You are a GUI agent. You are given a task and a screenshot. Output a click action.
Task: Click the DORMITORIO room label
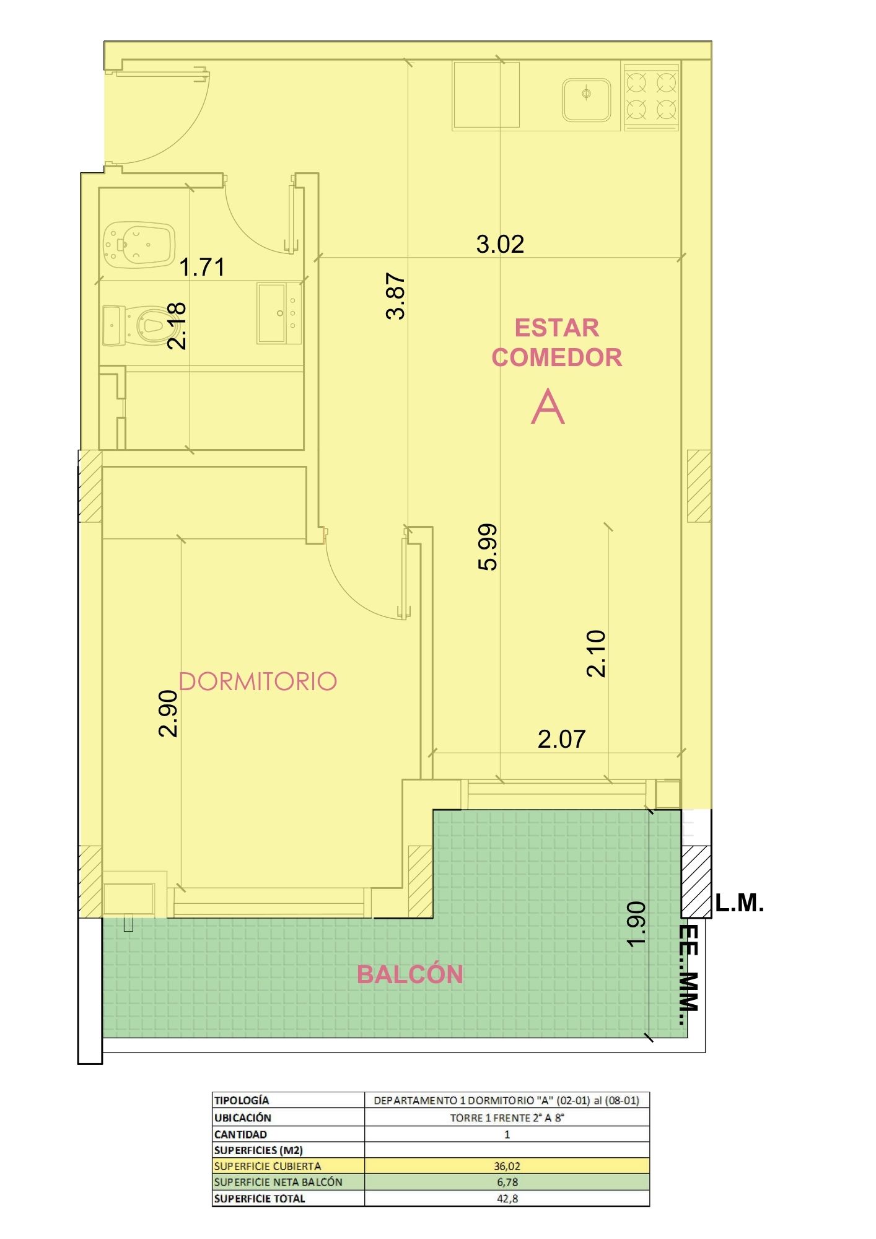coord(258,681)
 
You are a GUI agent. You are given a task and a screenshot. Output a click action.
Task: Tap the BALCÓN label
coord(410,974)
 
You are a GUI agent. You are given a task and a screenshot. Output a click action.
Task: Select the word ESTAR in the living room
coord(557,328)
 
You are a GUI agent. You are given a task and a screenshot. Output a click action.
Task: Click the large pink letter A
coord(548,406)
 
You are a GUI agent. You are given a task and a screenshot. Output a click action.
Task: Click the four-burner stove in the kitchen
coord(651,97)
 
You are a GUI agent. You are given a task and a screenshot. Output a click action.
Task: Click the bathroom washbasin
coord(279,313)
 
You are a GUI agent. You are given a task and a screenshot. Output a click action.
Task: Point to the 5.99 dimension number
coord(488,546)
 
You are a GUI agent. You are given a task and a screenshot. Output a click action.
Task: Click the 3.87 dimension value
coord(395,296)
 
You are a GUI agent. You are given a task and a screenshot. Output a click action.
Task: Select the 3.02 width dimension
coord(500,244)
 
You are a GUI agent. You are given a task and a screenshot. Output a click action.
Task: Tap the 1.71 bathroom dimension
coord(202,267)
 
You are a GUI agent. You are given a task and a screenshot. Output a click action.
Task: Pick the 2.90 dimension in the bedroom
coord(168,714)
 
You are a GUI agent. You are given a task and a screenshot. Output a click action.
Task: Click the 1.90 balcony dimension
coord(636,924)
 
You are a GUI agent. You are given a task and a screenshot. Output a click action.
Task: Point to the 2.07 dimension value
coord(561,739)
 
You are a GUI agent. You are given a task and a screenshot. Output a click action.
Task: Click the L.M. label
coord(740,903)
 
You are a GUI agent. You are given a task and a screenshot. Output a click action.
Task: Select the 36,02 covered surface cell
coord(507,1165)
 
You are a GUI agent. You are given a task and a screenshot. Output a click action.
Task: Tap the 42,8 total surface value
coord(507,1198)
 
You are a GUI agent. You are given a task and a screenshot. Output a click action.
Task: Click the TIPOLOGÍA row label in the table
coord(242,1100)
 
